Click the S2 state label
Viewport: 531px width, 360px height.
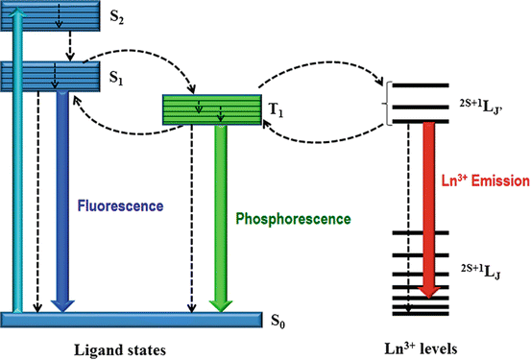(x=117, y=21)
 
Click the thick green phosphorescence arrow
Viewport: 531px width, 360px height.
(x=221, y=221)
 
